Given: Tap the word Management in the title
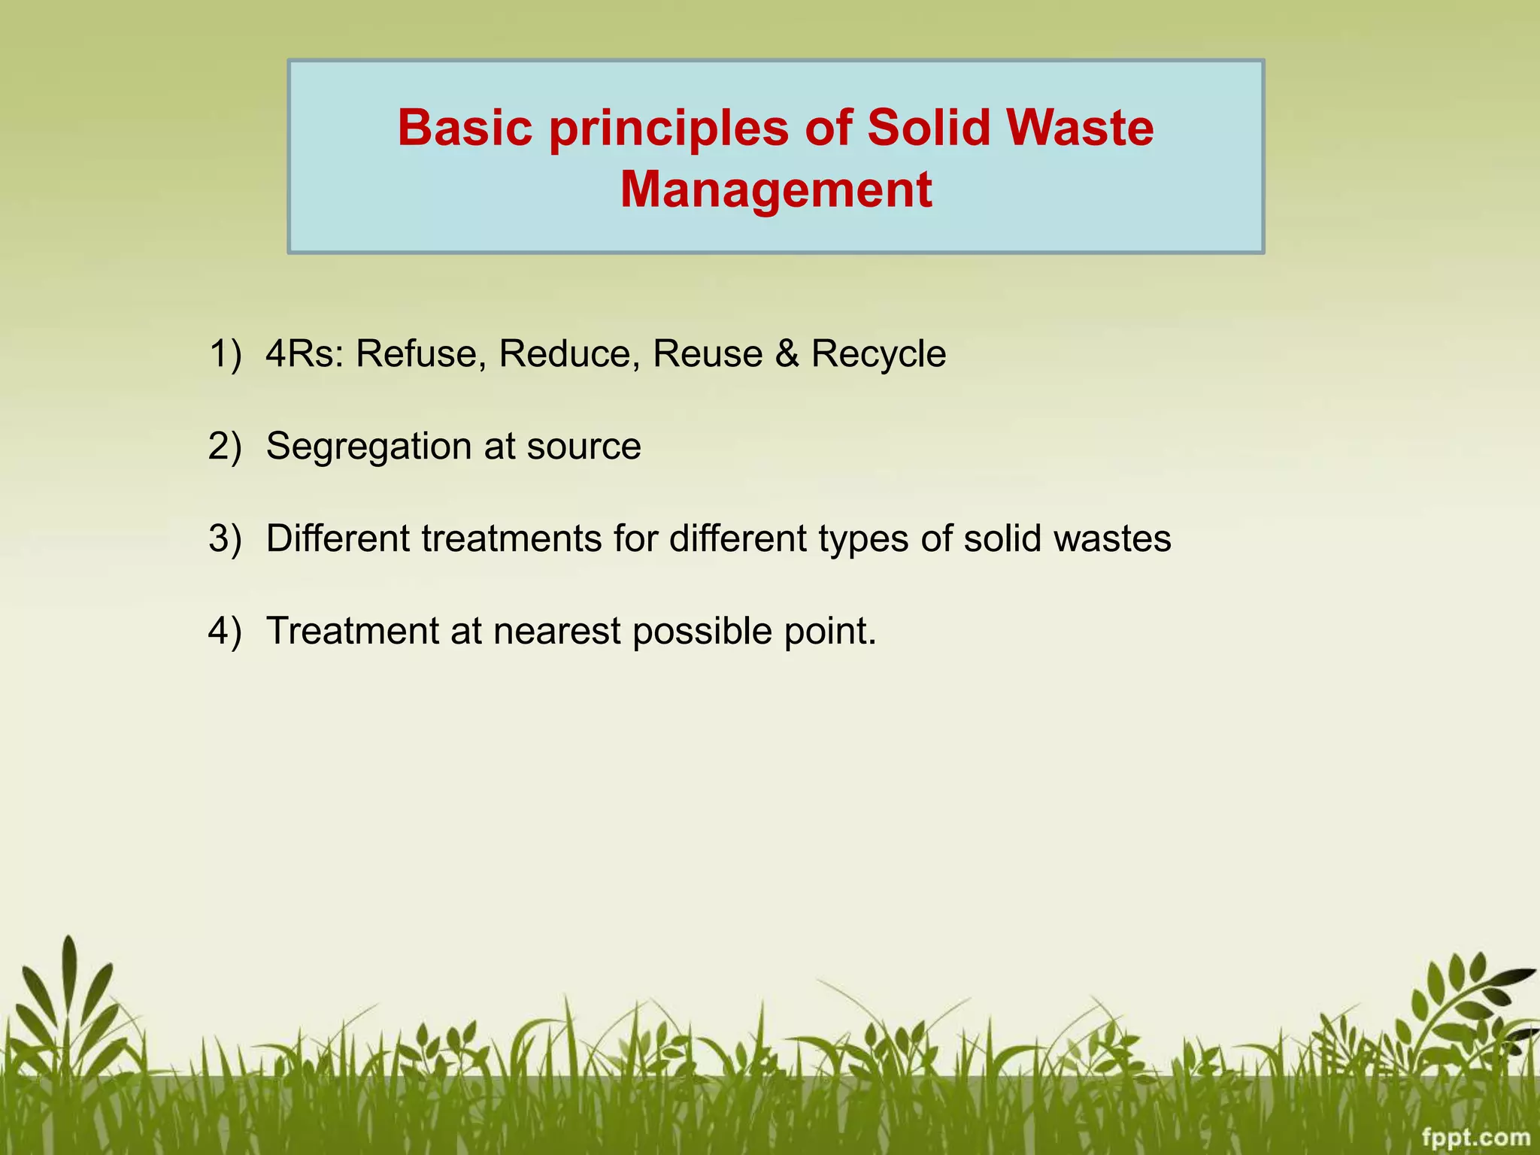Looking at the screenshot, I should point(775,189).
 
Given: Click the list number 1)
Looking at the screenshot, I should point(225,354).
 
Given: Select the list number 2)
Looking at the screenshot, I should point(225,447).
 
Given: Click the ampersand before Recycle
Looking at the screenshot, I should point(787,354).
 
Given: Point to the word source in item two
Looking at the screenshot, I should point(584,447).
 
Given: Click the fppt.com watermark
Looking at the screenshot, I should point(1476,1138).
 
